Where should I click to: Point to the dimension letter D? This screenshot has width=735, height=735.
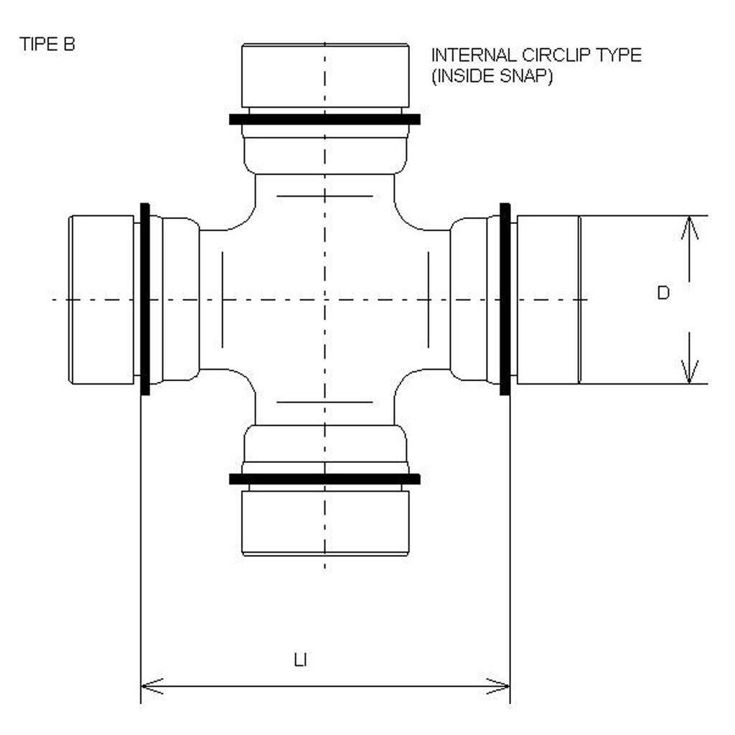pos(663,293)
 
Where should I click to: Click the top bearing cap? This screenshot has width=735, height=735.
pos(325,75)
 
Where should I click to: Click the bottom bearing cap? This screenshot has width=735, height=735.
pos(325,521)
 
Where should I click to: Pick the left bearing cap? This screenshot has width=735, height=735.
pos(100,299)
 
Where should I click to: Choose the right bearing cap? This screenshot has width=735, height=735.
pos(548,299)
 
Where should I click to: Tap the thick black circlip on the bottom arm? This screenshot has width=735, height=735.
pos(325,479)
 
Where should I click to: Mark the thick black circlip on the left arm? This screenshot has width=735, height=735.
pos(146,299)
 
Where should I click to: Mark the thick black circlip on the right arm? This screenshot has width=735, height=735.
pos(505,299)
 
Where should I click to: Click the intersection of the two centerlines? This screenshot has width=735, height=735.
pos(325,299)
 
